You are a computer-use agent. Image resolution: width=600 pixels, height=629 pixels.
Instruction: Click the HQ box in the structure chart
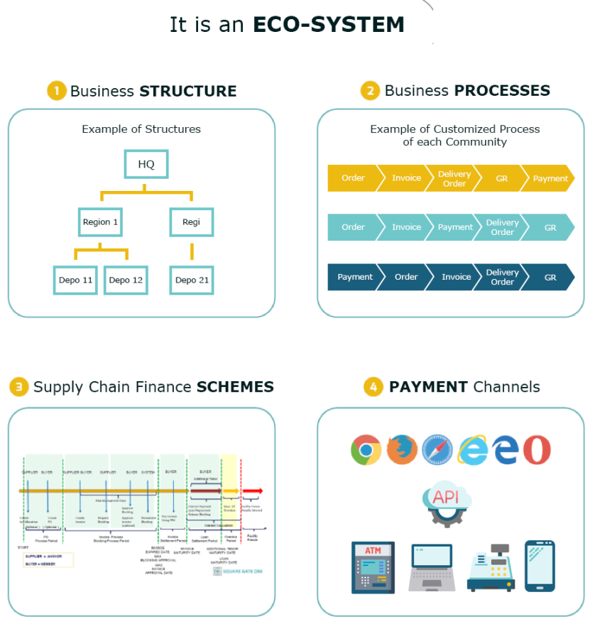pos(146,164)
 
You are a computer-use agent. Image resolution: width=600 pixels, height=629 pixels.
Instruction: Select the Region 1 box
pos(100,221)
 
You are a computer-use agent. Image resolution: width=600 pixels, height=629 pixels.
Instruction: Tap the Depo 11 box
pos(75,280)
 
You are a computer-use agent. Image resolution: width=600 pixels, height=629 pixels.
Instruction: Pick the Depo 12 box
pos(126,280)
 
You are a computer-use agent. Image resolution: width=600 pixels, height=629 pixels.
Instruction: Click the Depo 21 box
pos(192,280)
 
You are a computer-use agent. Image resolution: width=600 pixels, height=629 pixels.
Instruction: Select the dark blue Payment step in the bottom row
pos(354,277)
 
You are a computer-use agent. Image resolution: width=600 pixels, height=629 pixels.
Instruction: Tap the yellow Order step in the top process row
pos(353,178)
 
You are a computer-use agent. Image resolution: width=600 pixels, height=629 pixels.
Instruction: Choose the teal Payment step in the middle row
pos(454,227)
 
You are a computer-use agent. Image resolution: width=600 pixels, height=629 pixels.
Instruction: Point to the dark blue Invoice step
pos(456,277)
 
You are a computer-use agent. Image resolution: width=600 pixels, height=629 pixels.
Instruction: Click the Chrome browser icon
pos(366,449)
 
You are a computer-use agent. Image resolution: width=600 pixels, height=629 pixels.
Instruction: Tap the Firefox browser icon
pos(402,449)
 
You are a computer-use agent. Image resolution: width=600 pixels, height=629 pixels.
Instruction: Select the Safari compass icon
pos(437,450)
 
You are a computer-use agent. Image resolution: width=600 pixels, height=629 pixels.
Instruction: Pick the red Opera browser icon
pos(537,450)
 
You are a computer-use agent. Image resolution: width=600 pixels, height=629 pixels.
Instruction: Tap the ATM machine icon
pos(373,567)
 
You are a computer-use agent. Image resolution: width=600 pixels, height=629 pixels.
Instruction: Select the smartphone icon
pos(540,566)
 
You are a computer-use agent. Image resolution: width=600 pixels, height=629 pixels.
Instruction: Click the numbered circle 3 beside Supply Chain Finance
pos(18,387)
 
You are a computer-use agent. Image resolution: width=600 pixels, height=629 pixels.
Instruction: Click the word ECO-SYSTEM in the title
pos(329,25)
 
